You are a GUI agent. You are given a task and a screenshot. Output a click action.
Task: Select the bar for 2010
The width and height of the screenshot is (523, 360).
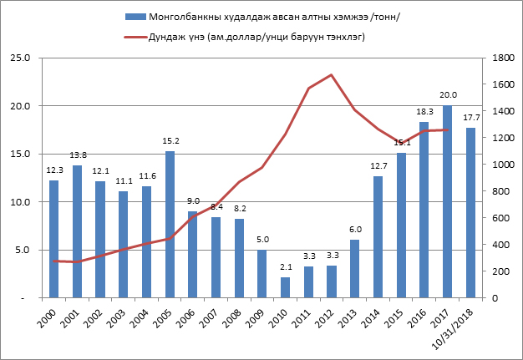285,287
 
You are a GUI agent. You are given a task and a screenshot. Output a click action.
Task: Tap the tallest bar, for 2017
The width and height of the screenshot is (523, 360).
447,201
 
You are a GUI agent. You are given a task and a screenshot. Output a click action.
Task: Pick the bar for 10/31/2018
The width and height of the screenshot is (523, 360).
470,212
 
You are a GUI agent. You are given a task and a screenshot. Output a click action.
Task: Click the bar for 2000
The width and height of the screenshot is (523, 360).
53,239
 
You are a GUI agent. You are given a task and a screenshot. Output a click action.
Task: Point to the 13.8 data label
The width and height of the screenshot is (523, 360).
77,155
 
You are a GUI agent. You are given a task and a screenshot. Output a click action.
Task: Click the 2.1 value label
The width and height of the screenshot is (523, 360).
285,267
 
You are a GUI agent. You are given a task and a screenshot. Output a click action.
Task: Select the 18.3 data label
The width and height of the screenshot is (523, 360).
424,112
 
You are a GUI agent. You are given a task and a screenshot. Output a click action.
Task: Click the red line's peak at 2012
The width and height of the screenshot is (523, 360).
332,75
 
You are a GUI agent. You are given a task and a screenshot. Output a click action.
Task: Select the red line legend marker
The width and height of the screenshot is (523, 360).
134,37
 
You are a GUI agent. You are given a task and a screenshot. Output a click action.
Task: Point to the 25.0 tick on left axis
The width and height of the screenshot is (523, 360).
19,58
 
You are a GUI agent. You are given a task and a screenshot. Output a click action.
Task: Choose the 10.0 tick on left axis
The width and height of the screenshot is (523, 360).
19,202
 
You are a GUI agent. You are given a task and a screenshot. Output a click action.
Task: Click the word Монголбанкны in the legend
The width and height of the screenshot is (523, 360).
180,17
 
